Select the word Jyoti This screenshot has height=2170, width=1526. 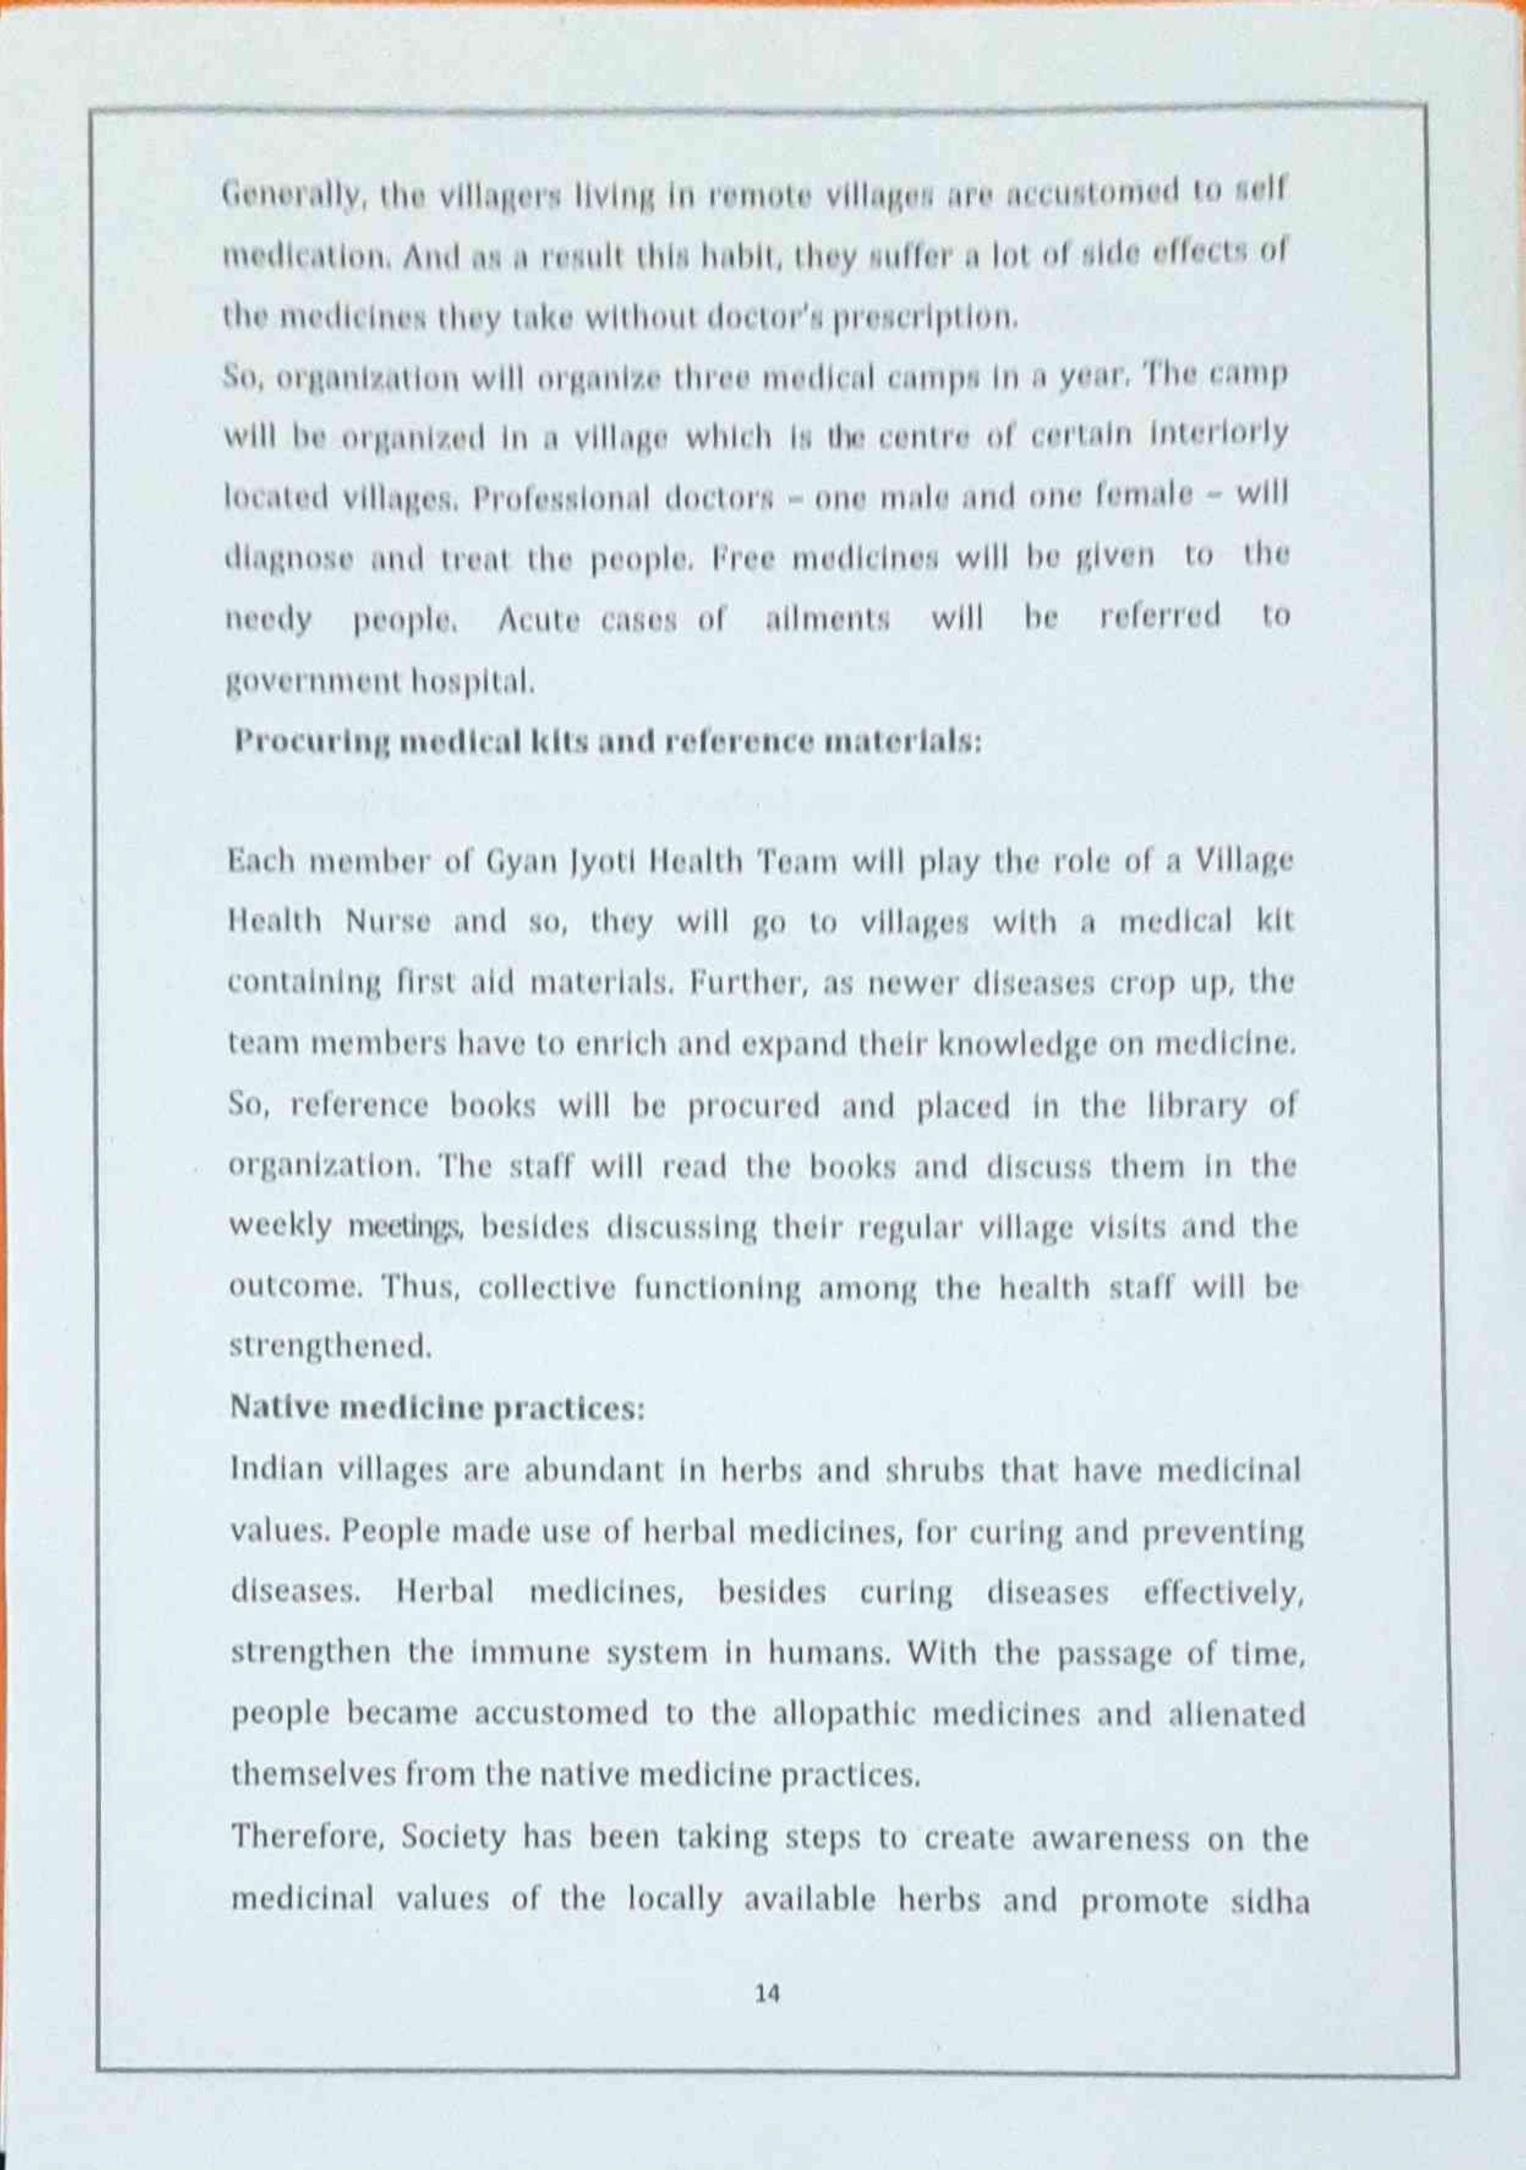click(584, 864)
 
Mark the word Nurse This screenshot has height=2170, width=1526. click(387, 923)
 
